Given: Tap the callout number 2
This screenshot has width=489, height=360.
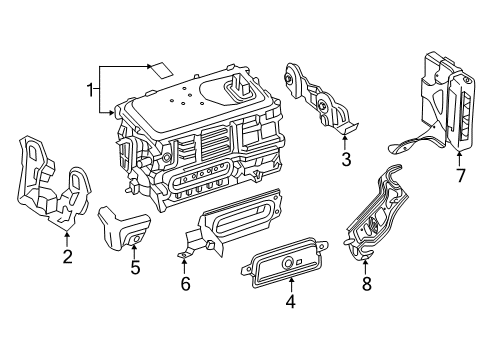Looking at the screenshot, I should pyautogui.click(x=67, y=257).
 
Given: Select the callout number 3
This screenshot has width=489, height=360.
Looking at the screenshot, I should pyautogui.click(x=345, y=158).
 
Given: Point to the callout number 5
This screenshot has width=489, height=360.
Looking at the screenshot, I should pyautogui.click(x=134, y=268).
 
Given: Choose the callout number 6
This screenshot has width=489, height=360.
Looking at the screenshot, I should pyautogui.click(x=184, y=285).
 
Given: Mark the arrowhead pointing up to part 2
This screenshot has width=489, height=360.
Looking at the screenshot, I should pyautogui.click(x=67, y=237).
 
